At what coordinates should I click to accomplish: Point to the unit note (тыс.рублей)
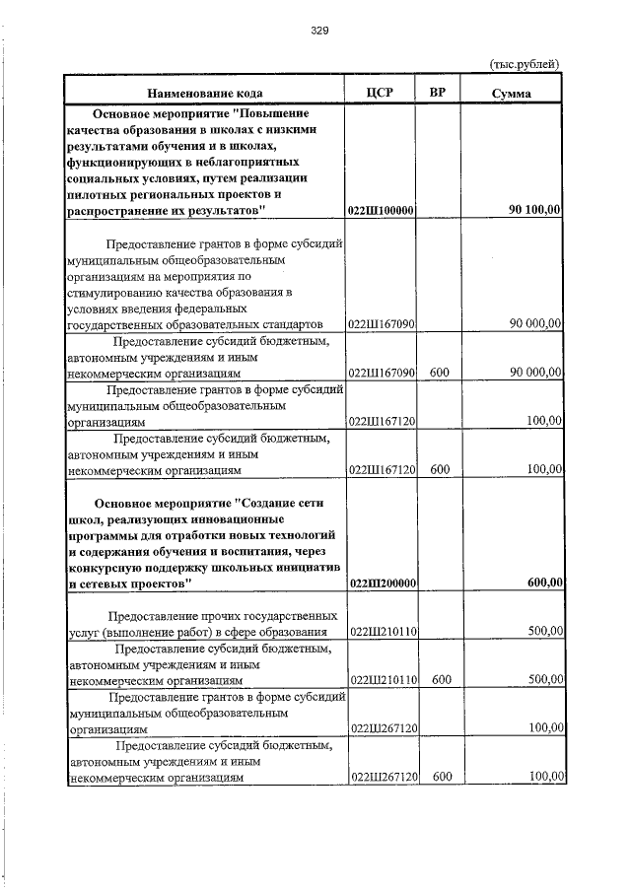[x=526, y=64]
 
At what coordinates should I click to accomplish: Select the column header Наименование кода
[x=205, y=93]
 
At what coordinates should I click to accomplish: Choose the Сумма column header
[x=512, y=93]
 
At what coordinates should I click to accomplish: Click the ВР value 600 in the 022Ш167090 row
[x=440, y=373]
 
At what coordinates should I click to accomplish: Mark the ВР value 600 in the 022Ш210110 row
[x=441, y=679]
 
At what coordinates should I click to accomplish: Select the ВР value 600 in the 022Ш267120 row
[x=441, y=777]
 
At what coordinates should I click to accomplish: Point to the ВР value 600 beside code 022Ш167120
[x=440, y=469]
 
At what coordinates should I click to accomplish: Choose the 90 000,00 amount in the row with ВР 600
[x=535, y=373]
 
